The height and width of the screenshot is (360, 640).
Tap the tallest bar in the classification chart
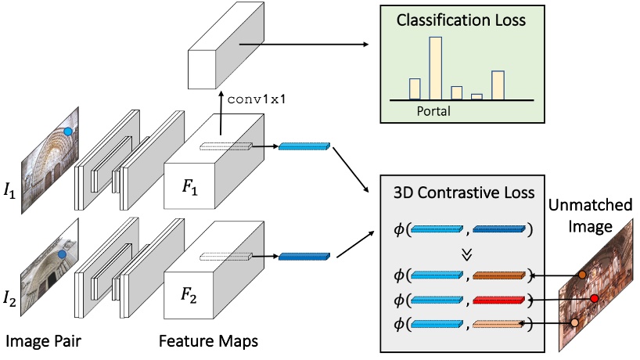tap(435, 68)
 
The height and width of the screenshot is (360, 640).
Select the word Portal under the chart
tap(433, 111)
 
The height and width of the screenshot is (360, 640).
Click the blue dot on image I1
tap(69, 132)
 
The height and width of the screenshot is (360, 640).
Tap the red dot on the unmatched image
tap(594, 300)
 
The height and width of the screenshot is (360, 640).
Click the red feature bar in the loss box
tap(498, 299)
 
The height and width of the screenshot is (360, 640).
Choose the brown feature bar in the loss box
tap(498, 275)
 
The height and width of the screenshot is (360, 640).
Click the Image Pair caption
tap(45, 342)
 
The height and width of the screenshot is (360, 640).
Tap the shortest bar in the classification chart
tap(476, 96)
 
